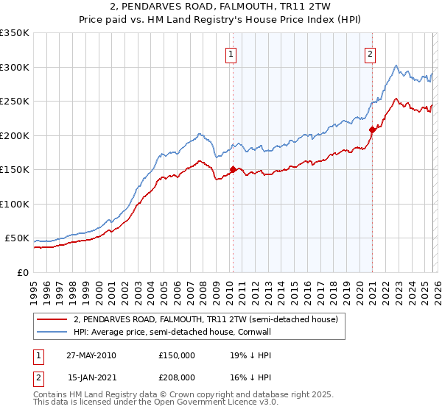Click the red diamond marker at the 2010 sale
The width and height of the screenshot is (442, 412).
[x=233, y=170]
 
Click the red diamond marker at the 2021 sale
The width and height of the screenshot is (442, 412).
[x=372, y=130]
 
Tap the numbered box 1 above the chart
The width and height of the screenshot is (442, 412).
[x=231, y=53]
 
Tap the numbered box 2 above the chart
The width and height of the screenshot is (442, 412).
[x=369, y=53]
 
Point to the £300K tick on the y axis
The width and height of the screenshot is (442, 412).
[x=15, y=67]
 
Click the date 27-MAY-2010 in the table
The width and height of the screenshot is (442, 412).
[x=91, y=355]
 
